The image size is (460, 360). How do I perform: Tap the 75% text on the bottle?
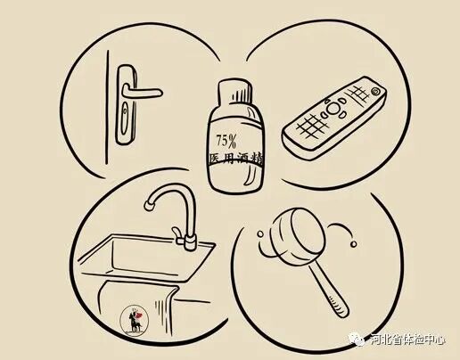tap(227, 140)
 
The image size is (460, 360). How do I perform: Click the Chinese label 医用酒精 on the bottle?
tap(234, 159)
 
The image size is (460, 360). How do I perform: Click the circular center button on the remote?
tap(333, 112)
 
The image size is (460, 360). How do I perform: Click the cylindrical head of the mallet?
tap(286, 238)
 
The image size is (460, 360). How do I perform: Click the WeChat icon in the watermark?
tap(357, 338)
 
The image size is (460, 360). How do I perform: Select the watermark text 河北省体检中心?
tap(410, 339)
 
